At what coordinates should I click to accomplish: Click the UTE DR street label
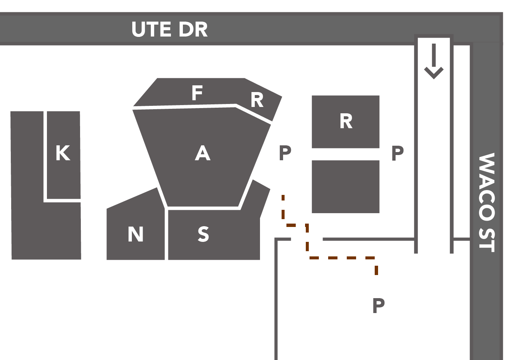click(x=169, y=29)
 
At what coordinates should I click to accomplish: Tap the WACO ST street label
click(x=486, y=202)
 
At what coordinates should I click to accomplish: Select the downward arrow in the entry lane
click(x=434, y=61)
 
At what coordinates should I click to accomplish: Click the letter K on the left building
click(x=63, y=153)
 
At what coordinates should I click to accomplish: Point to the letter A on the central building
click(x=203, y=153)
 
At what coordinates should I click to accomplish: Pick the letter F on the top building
click(x=197, y=93)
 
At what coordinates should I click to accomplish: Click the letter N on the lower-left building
click(x=136, y=234)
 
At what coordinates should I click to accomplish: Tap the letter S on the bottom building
click(x=203, y=234)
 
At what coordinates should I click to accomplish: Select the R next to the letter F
click(x=257, y=100)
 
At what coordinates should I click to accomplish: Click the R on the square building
click(x=346, y=121)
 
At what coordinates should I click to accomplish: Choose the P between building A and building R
click(x=285, y=153)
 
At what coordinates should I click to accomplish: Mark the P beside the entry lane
click(x=397, y=153)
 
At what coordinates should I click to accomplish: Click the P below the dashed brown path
click(x=378, y=306)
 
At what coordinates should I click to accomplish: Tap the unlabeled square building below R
click(x=345, y=187)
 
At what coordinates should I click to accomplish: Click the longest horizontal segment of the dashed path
click(x=342, y=258)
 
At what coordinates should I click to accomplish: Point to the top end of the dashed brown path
click(x=283, y=197)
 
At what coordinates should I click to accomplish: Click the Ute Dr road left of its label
click(x=63, y=29)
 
